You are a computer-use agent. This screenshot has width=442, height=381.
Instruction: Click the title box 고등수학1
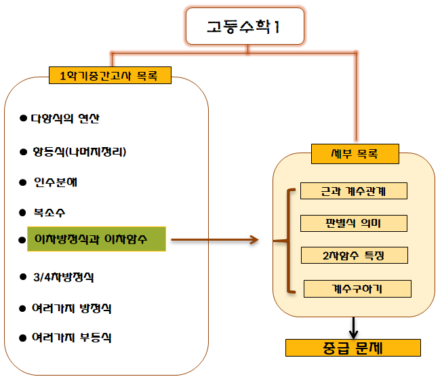pyautogui.click(x=246, y=27)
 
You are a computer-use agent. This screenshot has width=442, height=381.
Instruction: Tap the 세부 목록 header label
pyautogui.click(x=355, y=154)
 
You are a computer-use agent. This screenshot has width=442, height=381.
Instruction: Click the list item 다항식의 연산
pyautogui.click(x=65, y=118)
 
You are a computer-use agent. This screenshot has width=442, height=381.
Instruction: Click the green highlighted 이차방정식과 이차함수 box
pyautogui.click(x=96, y=239)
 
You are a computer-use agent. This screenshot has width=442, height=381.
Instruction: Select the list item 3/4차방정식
pyautogui.click(x=63, y=277)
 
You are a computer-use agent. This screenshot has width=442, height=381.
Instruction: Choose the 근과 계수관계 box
pyautogui.click(x=353, y=191)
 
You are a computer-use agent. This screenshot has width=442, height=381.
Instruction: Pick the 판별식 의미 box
pyautogui.click(x=353, y=223)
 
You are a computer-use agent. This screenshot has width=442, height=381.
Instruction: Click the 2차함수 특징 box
pyautogui.click(x=355, y=255)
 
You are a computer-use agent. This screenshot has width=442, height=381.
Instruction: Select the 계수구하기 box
pyautogui.click(x=357, y=288)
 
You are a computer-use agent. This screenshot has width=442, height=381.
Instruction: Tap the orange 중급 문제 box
pyautogui.click(x=353, y=348)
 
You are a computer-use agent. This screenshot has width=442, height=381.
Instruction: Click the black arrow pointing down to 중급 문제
pyautogui.click(x=353, y=327)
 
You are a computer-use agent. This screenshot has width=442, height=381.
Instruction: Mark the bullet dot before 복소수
pyautogui.click(x=23, y=212)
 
